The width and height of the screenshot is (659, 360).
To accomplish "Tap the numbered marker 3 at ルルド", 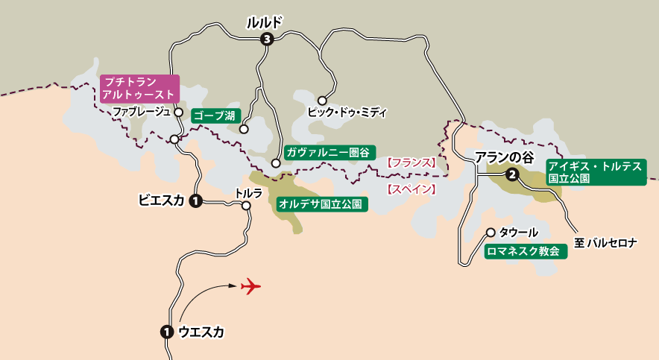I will point(266,40).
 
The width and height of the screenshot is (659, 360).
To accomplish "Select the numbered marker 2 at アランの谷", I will point(512,175).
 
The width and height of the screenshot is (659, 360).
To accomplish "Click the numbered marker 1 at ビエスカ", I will point(195,200).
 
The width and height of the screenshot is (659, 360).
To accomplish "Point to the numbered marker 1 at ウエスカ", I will point(167,332).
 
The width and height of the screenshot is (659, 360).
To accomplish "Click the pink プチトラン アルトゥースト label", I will point(139,88).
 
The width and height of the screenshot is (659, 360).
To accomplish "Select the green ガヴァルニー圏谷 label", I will point(327,151).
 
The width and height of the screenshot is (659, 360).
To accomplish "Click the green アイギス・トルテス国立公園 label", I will point(594,173).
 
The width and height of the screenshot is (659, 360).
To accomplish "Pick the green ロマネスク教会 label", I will point(525,252).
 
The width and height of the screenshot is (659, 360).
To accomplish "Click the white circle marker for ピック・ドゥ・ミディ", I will point(322,100).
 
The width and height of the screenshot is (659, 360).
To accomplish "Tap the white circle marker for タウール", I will point(491,232).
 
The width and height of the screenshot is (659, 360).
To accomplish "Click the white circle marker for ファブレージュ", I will point(178,112).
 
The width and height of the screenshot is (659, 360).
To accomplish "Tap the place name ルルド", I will point(265,23).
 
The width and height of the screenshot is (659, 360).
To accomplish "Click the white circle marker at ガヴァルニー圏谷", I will point(276,162).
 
